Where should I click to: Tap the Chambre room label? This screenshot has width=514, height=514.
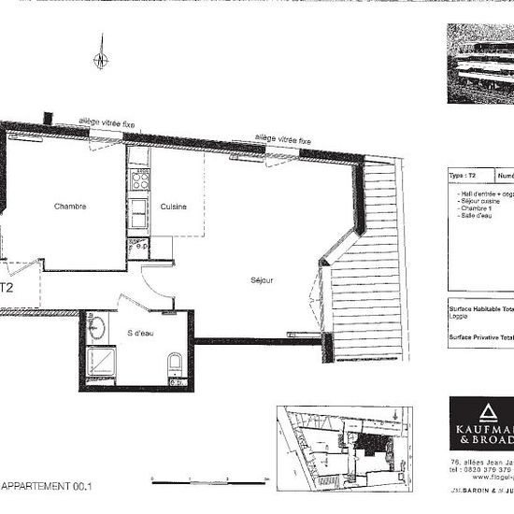tap(70, 206)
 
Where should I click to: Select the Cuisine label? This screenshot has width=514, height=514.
tap(173, 207)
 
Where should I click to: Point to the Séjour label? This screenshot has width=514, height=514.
tap(262, 280)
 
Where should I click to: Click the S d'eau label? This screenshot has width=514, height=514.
tap(143, 332)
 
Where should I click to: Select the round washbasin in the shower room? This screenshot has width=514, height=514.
tap(98, 329)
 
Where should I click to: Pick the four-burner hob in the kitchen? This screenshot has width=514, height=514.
tap(138, 178)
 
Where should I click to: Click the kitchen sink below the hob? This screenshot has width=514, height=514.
tap(138, 208)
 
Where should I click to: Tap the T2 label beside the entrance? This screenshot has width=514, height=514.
tap(6, 289)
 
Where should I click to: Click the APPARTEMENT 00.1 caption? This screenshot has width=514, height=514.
tap(47, 486)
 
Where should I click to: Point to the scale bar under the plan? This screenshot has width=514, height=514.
tap(209, 481)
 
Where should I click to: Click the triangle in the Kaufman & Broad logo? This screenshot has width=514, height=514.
tap(485, 413)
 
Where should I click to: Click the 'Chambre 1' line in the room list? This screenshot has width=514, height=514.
tap(476, 208)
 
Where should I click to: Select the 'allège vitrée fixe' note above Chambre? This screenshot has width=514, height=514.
tap(107, 122)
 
